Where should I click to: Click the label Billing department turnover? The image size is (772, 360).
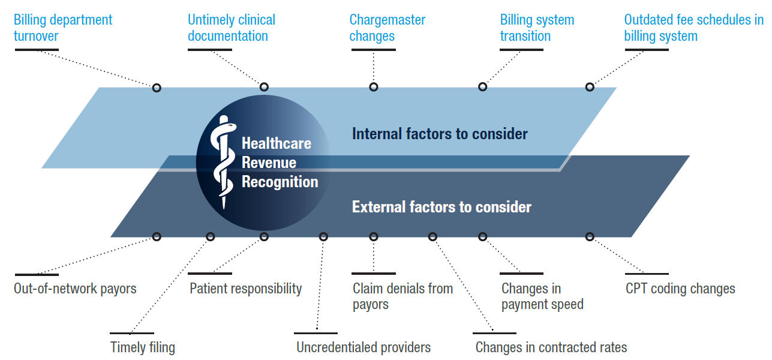(63, 28)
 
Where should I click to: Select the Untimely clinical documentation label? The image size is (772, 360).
(232, 28)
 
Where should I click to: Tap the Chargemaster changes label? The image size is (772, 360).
(387, 28)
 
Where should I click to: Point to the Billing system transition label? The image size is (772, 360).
(537, 28)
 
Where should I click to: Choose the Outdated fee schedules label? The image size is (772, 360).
(693, 28)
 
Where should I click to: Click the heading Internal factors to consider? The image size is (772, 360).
(440, 133)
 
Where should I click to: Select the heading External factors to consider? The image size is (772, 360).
(441, 208)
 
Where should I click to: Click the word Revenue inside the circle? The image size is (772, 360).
(269, 163)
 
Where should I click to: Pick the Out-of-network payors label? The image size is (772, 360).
(75, 289)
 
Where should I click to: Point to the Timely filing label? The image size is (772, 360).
(143, 347)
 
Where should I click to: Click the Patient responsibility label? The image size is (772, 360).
(245, 289)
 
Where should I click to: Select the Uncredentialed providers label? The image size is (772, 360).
(364, 347)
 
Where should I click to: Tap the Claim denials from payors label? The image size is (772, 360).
(402, 296)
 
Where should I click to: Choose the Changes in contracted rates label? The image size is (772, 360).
(551, 347)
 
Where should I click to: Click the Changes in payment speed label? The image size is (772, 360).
(542, 296)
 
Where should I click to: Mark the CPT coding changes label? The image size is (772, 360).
(680, 289)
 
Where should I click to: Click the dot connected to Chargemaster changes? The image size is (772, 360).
(374, 87)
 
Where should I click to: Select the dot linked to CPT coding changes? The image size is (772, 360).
(590, 236)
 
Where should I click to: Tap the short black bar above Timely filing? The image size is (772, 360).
(132, 333)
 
